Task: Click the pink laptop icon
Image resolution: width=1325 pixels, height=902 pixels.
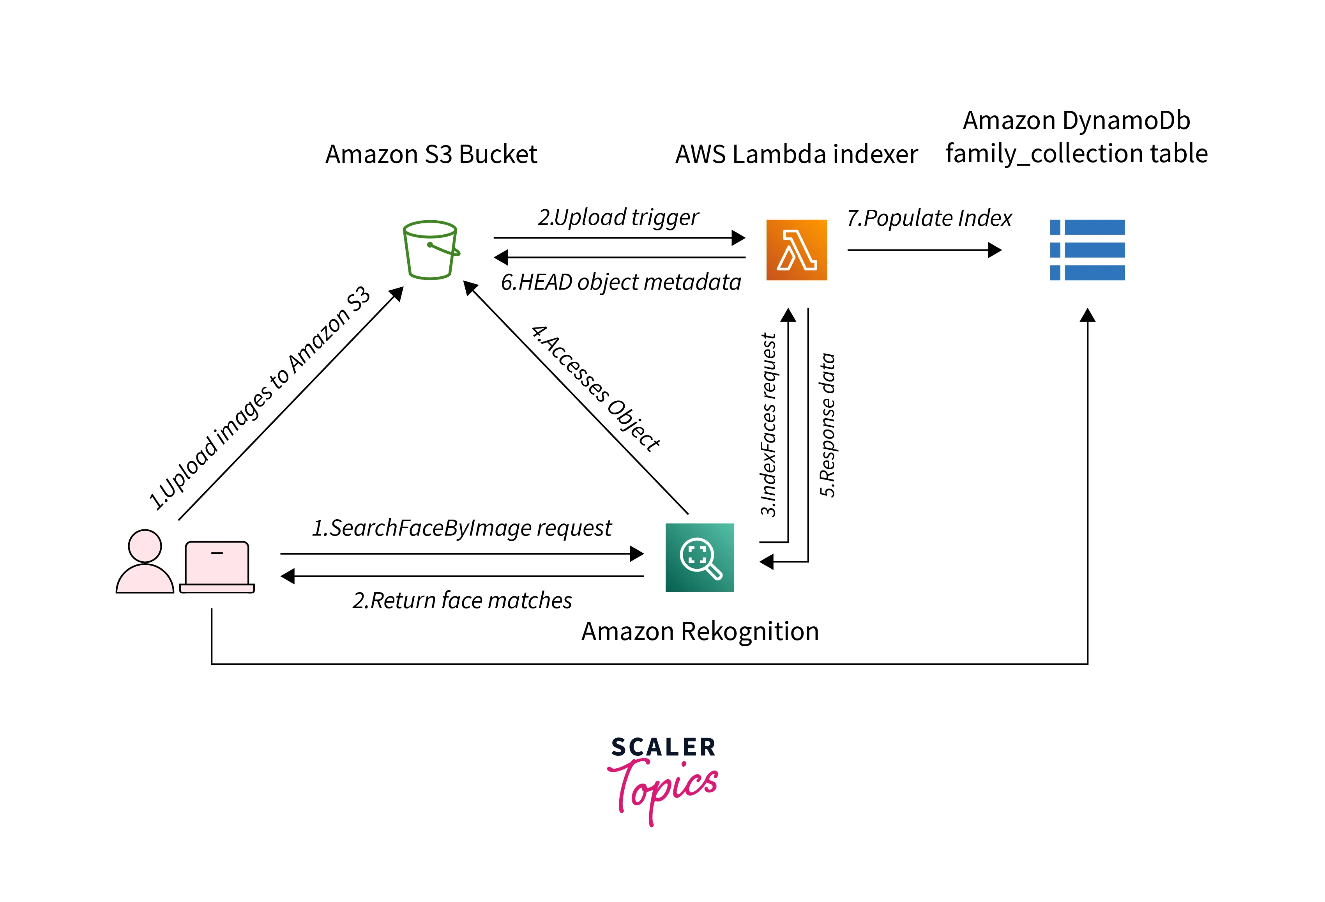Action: tap(217, 567)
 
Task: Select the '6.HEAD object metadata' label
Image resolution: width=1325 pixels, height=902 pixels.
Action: tap(620, 282)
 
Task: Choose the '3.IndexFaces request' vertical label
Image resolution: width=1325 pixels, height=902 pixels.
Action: tap(768, 425)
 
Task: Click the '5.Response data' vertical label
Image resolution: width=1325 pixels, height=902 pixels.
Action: tap(827, 425)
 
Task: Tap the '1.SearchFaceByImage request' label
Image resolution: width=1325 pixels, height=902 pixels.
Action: tap(461, 528)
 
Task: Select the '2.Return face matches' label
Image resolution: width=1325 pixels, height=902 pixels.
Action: tap(462, 600)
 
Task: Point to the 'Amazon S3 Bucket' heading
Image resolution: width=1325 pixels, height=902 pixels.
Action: tap(431, 154)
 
